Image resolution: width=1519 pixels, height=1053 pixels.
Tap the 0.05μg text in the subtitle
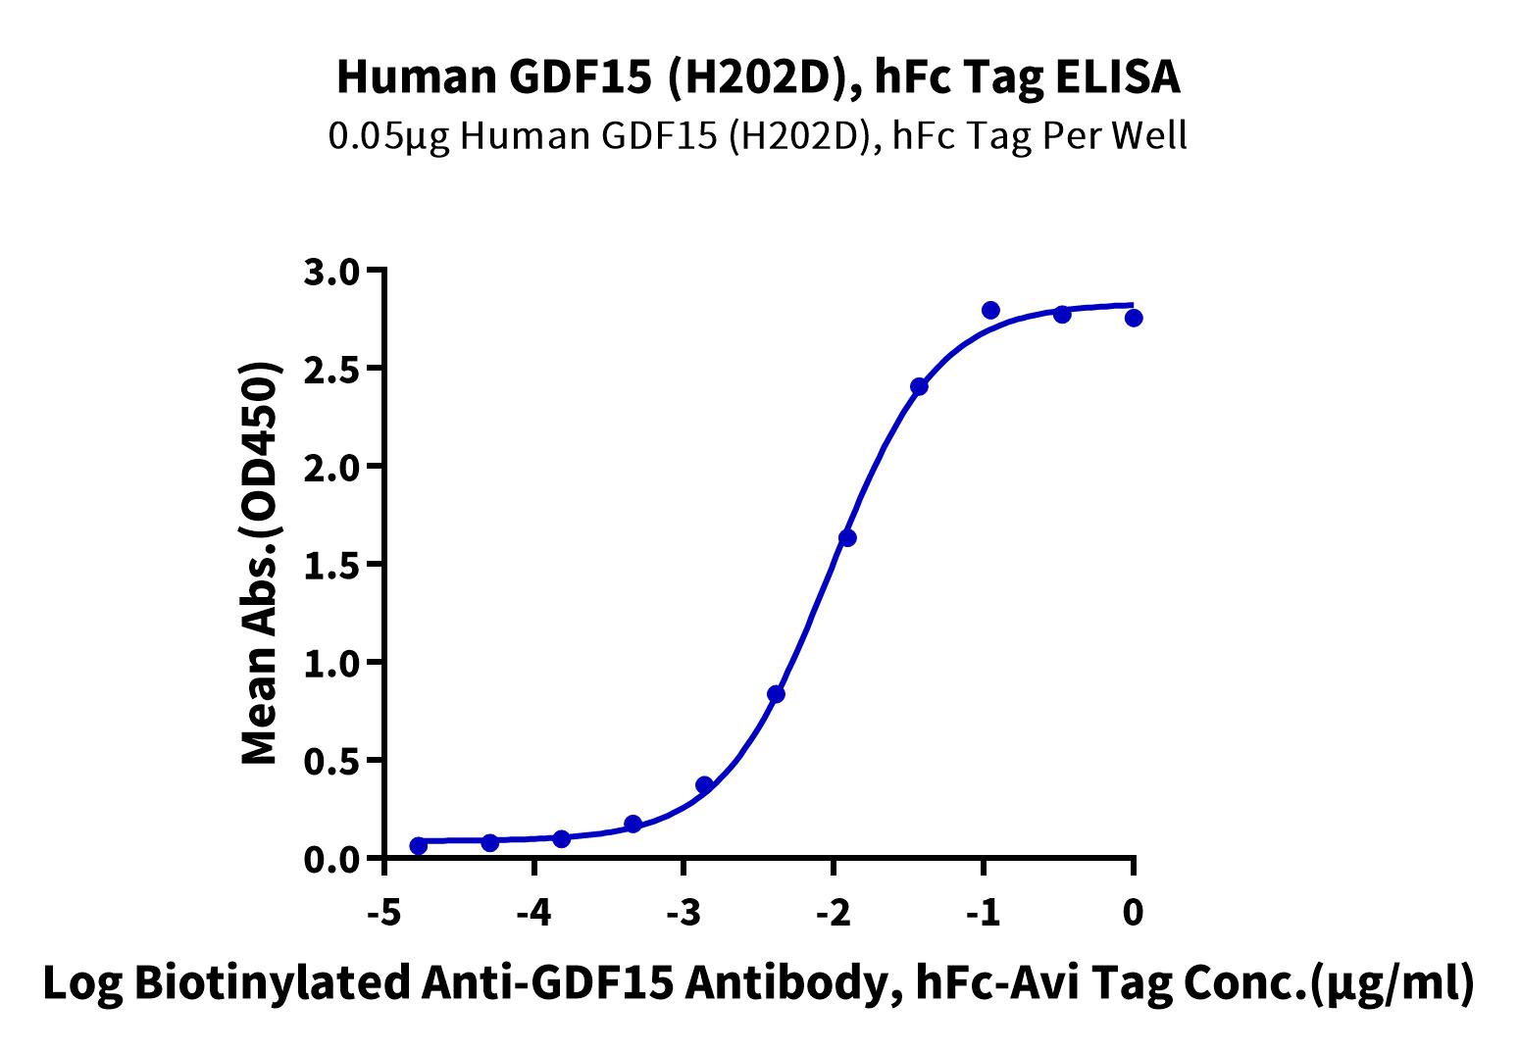point(388,135)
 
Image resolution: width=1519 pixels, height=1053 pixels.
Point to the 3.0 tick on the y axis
point(333,271)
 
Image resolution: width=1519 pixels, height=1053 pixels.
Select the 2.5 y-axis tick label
point(333,369)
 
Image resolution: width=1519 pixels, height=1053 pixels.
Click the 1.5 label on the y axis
point(333,565)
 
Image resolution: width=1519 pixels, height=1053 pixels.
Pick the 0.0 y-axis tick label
point(333,859)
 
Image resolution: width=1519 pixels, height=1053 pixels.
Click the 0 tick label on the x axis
point(1134,913)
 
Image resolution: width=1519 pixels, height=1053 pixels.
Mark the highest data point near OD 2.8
point(990,311)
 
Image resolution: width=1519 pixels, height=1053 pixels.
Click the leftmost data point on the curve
point(419,845)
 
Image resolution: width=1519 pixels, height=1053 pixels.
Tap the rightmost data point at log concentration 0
point(1134,318)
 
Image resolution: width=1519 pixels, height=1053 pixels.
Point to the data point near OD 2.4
point(919,386)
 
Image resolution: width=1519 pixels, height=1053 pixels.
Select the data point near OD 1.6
point(847,537)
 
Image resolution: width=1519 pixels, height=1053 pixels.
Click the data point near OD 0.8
point(776,694)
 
